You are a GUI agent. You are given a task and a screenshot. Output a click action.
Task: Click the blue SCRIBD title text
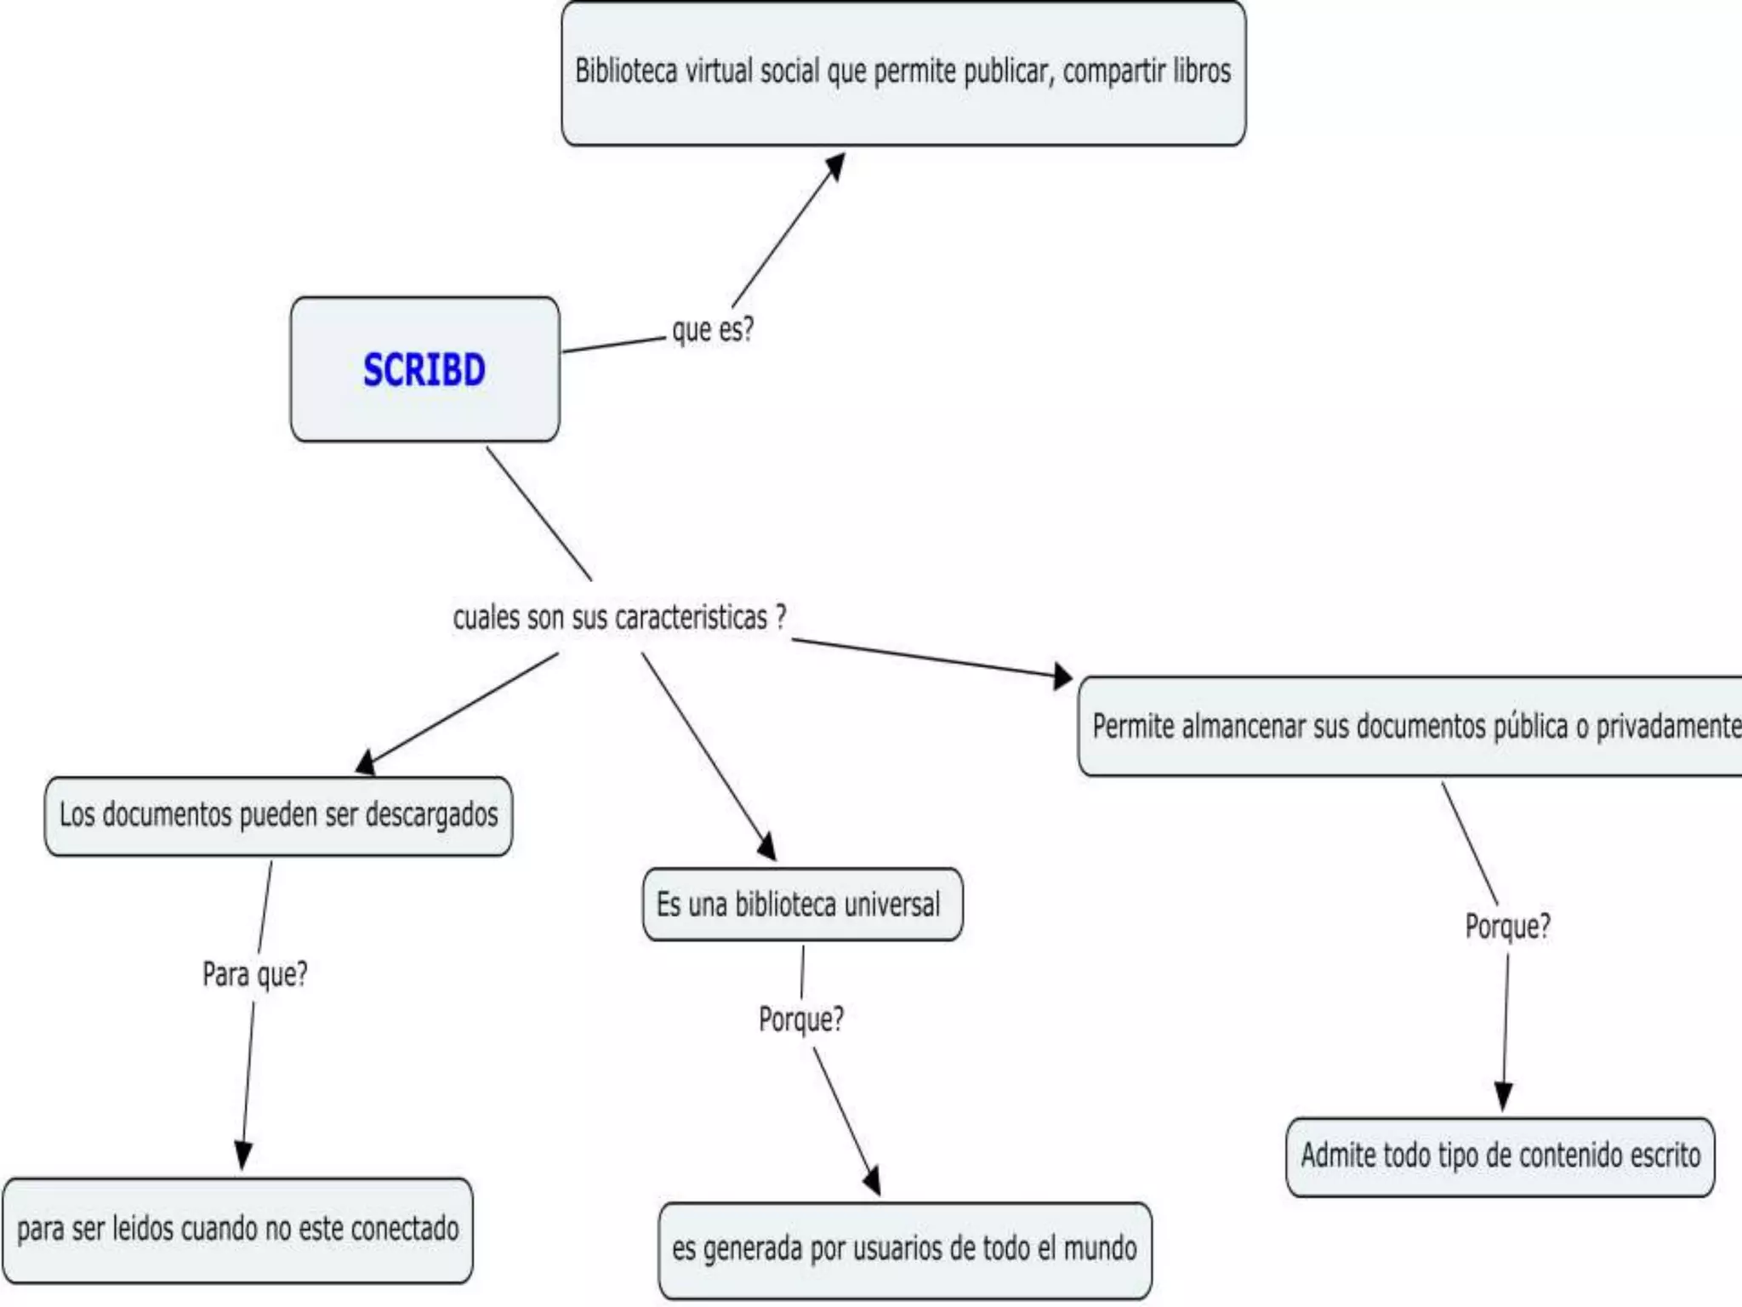click(x=424, y=370)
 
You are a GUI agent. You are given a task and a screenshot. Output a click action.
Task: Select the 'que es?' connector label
click(x=713, y=330)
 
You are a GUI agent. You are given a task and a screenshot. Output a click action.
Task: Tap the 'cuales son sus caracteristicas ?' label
click(x=619, y=618)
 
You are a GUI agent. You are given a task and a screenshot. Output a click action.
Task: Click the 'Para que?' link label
click(x=254, y=974)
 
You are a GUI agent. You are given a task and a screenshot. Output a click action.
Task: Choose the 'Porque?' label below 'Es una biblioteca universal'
click(x=800, y=1019)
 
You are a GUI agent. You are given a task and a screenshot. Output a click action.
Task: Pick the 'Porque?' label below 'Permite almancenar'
click(x=1507, y=926)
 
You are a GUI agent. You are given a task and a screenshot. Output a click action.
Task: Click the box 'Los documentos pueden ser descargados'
click(x=278, y=816)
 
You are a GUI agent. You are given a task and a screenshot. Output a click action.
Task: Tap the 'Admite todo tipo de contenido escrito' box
click(x=1500, y=1156)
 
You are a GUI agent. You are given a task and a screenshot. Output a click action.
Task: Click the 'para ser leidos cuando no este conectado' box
click(x=237, y=1230)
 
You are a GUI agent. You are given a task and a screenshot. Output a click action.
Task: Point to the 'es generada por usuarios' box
click(x=904, y=1249)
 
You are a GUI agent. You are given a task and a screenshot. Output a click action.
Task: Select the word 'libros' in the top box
click(x=1202, y=71)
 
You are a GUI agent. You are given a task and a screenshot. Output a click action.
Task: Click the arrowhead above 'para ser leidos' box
click(x=243, y=1155)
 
